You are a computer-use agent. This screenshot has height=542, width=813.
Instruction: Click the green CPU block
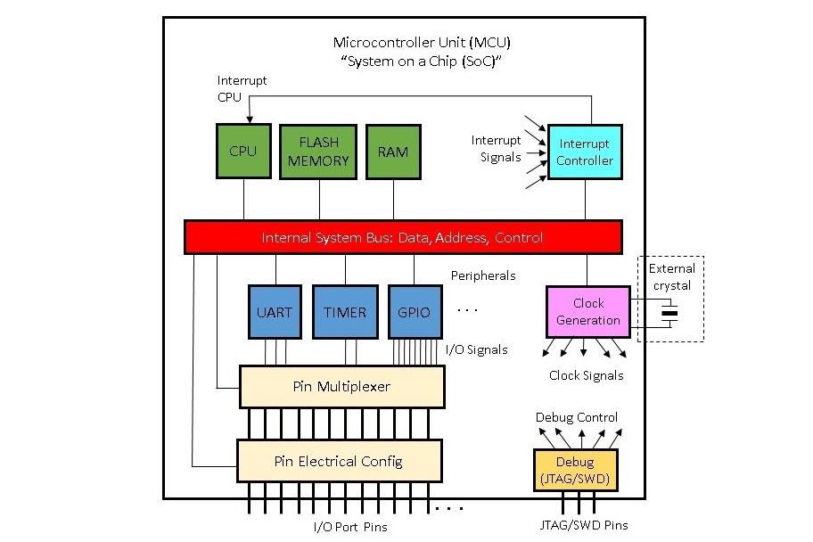pyautogui.click(x=242, y=151)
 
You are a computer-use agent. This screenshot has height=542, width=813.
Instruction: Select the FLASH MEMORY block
pyautogui.click(x=318, y=151)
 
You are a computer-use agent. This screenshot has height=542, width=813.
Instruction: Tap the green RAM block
pyautogui.click(x=392, y=151)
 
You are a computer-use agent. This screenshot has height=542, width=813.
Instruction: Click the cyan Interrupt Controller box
pyautogui.click(x=585, y=152)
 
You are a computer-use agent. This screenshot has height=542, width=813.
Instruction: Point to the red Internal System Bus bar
pyautogui.click(x=402, y=238)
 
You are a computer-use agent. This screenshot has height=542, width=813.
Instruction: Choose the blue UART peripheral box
pyautogui.click(x=273, y=312)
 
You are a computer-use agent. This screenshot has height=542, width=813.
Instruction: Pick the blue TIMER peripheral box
pyautogui.click(x=344, y=312)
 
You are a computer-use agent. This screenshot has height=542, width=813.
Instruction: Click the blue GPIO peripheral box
pyautogui.click(x=413, y=312)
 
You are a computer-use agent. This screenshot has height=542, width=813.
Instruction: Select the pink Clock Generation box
pyautogui.click(x=587, y=312)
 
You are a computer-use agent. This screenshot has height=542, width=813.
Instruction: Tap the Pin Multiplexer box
pyautogui.click(x=341, y=387)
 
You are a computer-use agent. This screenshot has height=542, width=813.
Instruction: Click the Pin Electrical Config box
pyautogui.click(x=338, y=461)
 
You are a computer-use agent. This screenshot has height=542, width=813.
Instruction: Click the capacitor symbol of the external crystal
pyautogui.click(x=669, y=313)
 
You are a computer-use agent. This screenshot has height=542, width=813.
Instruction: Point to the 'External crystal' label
pyautogui.click(x=671, y=276)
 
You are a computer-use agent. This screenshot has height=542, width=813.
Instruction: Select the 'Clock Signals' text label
pyautogui.click(x=586, y=375)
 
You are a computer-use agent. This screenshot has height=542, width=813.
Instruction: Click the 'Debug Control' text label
pyautogui.click(x=577, y=417)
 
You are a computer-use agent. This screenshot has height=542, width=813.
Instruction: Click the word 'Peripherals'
pyautogui.click(x=483, y=275)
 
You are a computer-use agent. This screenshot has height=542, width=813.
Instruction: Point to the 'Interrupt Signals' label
pyautogui.click(x=497, y=149)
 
